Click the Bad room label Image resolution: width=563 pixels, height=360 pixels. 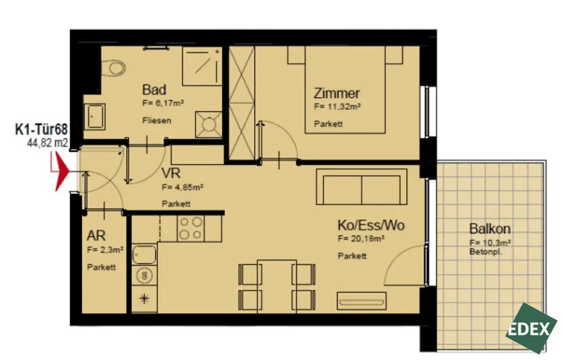pyautogui.click(x=154, y=90)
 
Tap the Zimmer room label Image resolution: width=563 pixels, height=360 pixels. pyautogui.click(x=336, y=93)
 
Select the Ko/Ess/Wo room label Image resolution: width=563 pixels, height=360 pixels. pyautogui.click(x=371, y=226)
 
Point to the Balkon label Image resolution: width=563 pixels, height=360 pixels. pyautogui.click(x=490, y=229)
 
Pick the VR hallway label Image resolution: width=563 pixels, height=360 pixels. pyautogui.click(x=171, y=173)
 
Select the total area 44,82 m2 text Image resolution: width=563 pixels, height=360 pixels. pyautogui.click(x=47, y=143)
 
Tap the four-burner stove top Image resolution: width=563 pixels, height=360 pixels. pyautogui.click(x=190, y=228)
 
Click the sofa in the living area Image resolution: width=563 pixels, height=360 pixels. pyautogui.click(x=361, y=187)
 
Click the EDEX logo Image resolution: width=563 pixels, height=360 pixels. pyautogui.click(x=531, y=328)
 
